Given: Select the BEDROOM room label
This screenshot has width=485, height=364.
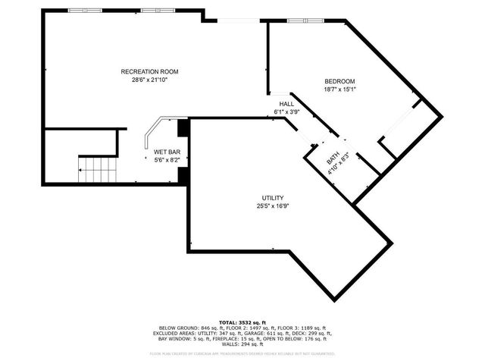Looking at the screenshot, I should point(339,81).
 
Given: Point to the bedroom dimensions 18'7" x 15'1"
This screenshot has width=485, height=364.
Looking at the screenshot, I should point(339,89).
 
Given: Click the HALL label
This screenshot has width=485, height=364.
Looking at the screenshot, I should point(286,104).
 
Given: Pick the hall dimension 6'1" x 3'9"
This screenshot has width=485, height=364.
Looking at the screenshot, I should point(286,111).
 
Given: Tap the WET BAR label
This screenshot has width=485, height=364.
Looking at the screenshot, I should point(167,152).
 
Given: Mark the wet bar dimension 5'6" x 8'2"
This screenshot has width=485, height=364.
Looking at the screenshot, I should point(167,159).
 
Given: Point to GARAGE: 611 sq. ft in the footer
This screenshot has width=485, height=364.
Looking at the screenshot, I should point(277,333).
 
